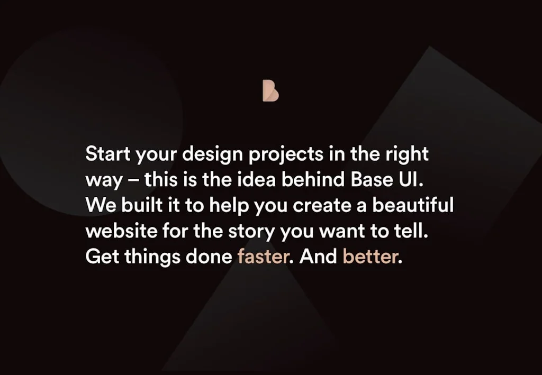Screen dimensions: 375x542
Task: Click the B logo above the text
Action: pos(270,90)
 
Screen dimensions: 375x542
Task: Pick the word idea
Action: pos(258,180)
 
